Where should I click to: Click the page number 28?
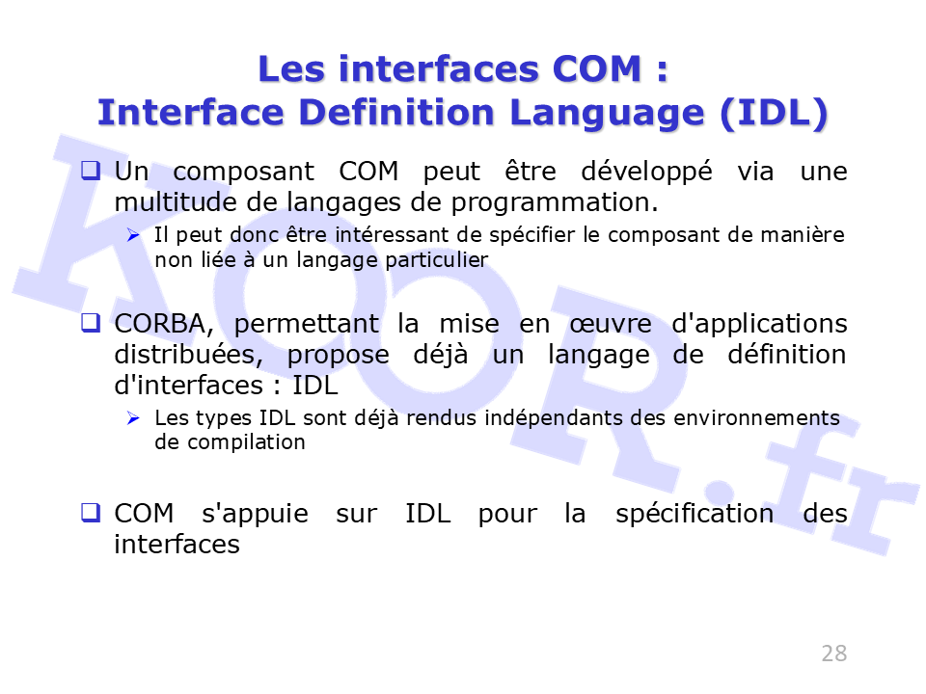click(x=833, y=654)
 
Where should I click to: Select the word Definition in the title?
click(x=396, y=112)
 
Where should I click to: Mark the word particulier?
click(x=436, y=260)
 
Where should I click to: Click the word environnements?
click(x=756, y=417)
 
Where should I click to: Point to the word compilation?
click(x=246, y=443)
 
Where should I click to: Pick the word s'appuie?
click(x=255, y=515)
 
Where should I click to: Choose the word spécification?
click(x=694, y=515)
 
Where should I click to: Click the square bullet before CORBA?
click(x=91, y=323)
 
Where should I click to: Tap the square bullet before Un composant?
click(x=91, y=171)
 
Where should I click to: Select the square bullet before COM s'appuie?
click(x=91, y=512)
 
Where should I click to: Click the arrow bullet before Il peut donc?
click(x=133, y=235)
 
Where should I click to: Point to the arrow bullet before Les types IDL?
click(x=133, y=418)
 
